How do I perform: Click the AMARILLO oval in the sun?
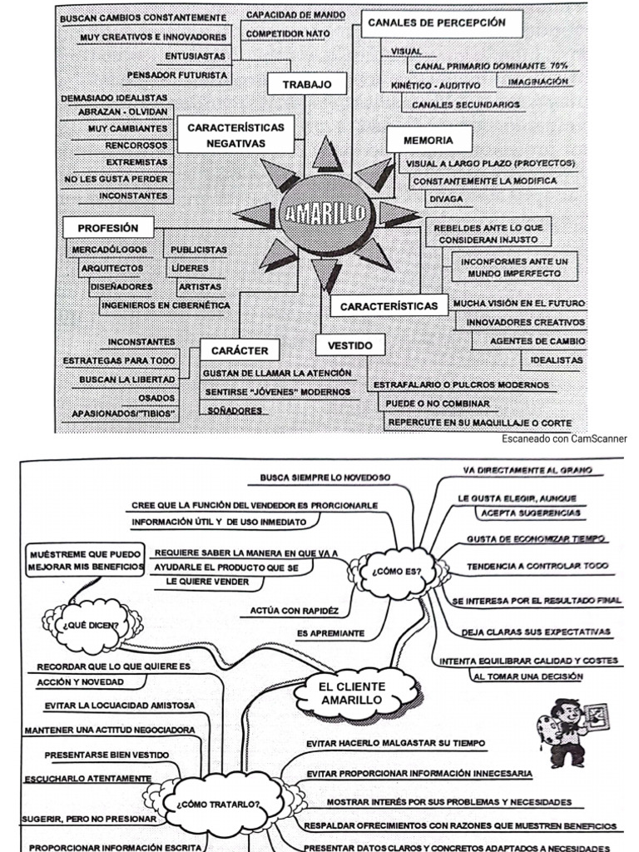[x=325, y=214]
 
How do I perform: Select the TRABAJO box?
[x=307, y=84]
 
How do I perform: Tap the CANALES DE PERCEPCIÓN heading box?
[x=437, y=24]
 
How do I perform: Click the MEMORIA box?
[x=428, y=141]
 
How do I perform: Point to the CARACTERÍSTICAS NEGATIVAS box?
[x=235, y=135]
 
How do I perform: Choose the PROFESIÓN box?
[x=108, y=228]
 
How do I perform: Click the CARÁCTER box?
[x=240, y=350]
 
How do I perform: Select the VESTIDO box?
[x=344, y=344]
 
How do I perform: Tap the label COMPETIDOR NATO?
[x=288, y=34]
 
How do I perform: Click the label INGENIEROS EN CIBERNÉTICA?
[x=166, y=305]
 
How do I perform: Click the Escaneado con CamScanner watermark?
[x=565, y=438]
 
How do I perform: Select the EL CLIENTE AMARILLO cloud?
[x=353, y=693]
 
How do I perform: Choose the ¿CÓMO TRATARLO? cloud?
[x=219, y=805]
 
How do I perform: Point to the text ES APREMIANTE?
[x=330, y=633]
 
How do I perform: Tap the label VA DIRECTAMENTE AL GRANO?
[x=528, y=471]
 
